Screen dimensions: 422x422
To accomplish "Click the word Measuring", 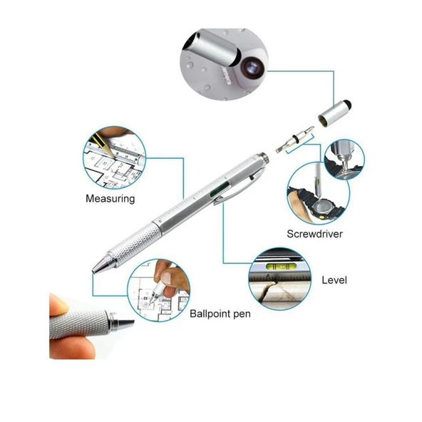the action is tap(110, 199).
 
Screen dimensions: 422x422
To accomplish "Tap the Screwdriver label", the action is tap(314, 234).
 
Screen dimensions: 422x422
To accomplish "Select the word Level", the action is tap(334, 280).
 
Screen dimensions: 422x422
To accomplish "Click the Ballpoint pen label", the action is tap(220, 314).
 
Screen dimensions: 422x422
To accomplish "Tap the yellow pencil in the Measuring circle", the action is tap(103, 145).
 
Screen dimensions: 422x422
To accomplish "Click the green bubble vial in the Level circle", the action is tap(281, 267).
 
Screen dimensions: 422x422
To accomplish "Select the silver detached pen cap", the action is tap(334, 113).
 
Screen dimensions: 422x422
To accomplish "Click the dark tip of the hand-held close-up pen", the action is tap(125, 322).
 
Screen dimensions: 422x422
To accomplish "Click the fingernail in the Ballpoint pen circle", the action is tap(167, 277).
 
